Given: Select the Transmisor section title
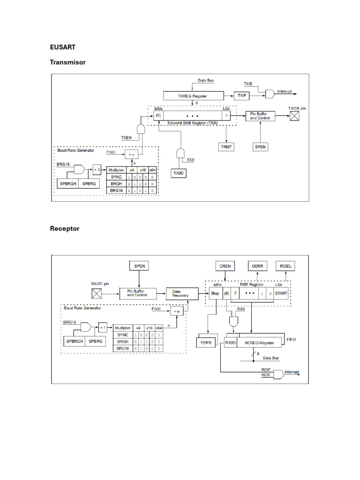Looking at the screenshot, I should tap(67, 62).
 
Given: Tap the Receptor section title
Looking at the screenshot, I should tap(65, 229).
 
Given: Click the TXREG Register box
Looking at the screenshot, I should tap(193, 95).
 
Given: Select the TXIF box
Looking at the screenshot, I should tap(241, 95).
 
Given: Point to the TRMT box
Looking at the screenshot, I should tap(226, 147).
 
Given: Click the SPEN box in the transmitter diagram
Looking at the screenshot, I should tap(260, 147).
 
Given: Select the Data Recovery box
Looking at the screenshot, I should tap(179, 293).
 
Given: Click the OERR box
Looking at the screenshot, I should tap(257, 266).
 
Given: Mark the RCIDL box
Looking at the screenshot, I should tap(285, 266).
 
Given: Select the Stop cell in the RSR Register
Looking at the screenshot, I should tap(215, 293).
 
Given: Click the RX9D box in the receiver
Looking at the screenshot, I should tap(231, 343).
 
